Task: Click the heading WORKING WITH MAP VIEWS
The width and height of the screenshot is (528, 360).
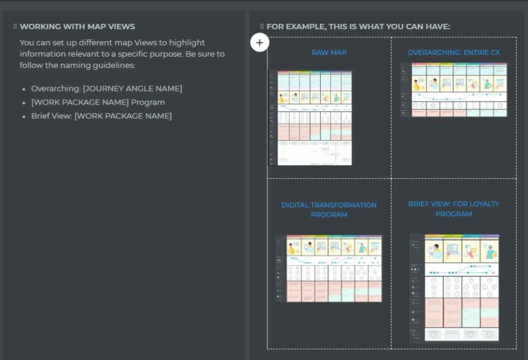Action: coord(77,27)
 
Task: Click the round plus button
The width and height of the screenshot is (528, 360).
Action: coord(260,43)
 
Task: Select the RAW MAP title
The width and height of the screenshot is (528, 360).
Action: coord(329,53)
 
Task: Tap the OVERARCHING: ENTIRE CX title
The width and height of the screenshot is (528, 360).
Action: coord(453,53)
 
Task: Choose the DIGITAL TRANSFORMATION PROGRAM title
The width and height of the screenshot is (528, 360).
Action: coord(329,210)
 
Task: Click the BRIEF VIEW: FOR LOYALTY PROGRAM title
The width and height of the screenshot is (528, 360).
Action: coord(453,209)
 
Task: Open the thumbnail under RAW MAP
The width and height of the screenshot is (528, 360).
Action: coord(310,118)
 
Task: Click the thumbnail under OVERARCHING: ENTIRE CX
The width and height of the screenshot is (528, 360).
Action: coord(453,90)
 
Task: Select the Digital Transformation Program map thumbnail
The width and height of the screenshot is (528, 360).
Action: coord(329,269)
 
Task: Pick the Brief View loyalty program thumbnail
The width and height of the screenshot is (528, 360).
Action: coord(454,288)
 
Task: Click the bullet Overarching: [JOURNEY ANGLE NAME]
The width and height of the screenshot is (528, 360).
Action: coord(106,88)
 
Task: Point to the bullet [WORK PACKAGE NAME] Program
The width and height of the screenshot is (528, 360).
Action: coord(98,102)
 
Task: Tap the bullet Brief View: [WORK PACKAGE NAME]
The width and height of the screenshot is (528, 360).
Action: coord(101,116)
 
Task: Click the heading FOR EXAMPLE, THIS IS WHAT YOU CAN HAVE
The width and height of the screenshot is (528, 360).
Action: coord(358,27)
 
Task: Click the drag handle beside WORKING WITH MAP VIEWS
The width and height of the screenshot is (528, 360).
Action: coord(15,27)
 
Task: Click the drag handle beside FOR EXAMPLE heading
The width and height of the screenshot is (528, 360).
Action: coord(262,27)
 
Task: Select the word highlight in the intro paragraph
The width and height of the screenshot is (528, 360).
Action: coord(185,43)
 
